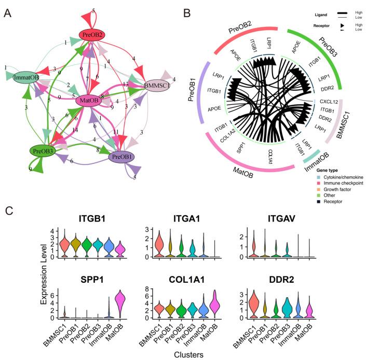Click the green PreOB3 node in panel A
pos(43,150)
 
